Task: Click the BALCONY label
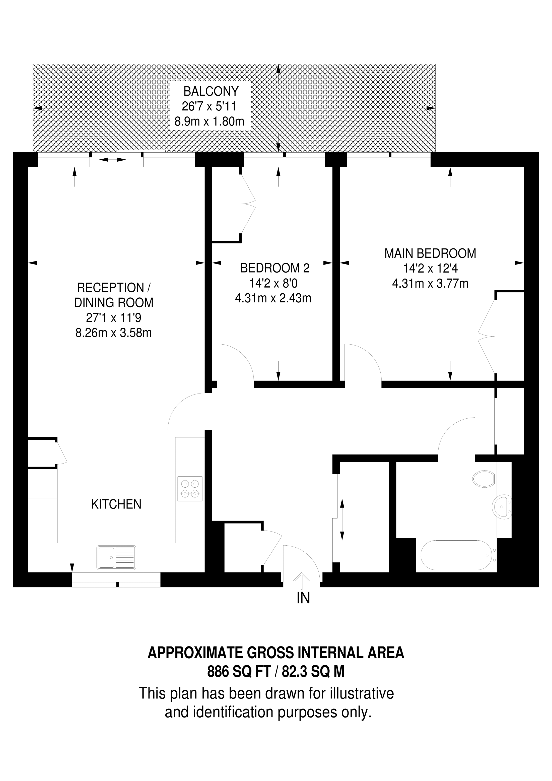(x=211, y=92)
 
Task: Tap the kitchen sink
(x=116, y=558)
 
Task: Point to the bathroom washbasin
(x=502, y=507)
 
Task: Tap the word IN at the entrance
(x=303, y=598)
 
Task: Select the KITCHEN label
(x=116, y=504)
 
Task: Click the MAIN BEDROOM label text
(x=430, y=253)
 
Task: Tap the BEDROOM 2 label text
(x=275, y=268)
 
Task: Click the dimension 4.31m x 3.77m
(x=430, y=283)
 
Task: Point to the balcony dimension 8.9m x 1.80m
(x=210, y=121)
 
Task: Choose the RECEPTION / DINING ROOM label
(x=114, y=295)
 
